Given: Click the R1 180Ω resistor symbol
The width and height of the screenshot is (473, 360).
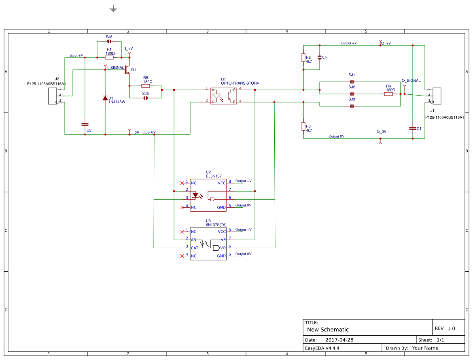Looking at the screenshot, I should [x=109, y=58].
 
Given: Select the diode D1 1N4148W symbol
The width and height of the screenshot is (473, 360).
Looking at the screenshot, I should [x=105, y=98].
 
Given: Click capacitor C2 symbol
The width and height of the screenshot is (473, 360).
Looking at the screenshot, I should [x=85, y=124].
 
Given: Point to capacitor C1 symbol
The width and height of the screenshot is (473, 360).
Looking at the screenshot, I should [x=413, y=128].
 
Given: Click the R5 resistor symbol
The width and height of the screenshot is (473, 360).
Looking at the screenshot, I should [x=146, y=86].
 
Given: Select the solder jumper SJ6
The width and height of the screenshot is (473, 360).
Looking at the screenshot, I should [x=109, y=41].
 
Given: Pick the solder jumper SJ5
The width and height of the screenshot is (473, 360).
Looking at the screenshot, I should [x=146, y=98].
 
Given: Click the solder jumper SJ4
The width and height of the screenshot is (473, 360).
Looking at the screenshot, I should [x=320, y=58].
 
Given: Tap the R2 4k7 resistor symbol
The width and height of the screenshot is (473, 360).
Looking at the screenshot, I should [x=303, y=58].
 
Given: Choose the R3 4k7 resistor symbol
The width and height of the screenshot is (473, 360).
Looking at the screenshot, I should [x=303, y=126].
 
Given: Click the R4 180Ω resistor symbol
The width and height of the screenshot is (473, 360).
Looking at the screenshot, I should [x=388, y=94].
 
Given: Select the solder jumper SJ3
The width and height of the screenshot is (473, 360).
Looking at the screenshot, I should [x=352, y=106].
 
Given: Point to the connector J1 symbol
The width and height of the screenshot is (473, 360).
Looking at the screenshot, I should [x=437, y=96].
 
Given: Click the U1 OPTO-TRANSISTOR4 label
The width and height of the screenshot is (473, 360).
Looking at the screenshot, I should [x=240, y=83].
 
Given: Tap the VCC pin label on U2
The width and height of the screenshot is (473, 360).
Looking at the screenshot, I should [x=222, y=183].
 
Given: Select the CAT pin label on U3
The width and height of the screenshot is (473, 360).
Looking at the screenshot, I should [x=195, y=247].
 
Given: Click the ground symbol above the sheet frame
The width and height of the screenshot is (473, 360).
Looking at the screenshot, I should [x=113, y=9].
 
